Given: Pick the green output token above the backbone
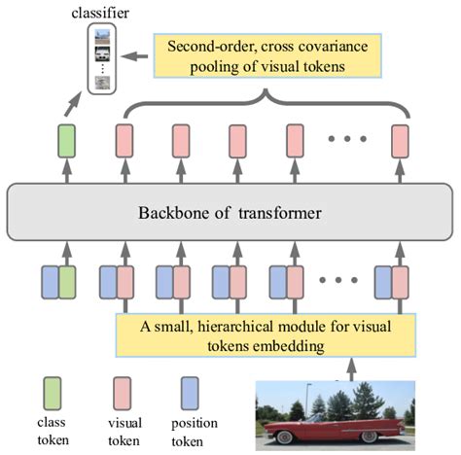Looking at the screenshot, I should click(x=66, y=140).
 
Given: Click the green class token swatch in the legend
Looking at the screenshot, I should click(x=53, y=391).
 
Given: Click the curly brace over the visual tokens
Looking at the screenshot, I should click(x=263, y=103).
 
